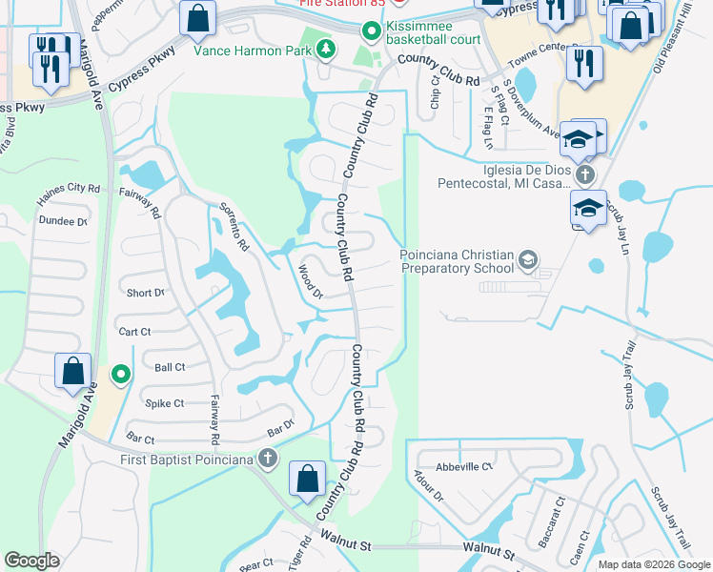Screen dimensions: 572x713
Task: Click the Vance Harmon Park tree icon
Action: (325, 49)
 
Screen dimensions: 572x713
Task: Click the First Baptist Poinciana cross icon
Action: (268, 460)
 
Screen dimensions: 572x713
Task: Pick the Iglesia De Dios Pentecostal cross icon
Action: (584, 175)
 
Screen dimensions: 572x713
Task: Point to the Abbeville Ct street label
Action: (463, 467)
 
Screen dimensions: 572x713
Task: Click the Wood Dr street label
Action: (312, 282)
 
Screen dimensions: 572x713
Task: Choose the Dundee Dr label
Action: (63, 220)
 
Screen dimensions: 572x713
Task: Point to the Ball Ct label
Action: (170, 366)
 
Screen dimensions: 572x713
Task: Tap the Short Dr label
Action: (145, 293)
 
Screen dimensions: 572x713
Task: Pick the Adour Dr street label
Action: (428, 485)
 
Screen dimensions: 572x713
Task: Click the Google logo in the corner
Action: (31, 561)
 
